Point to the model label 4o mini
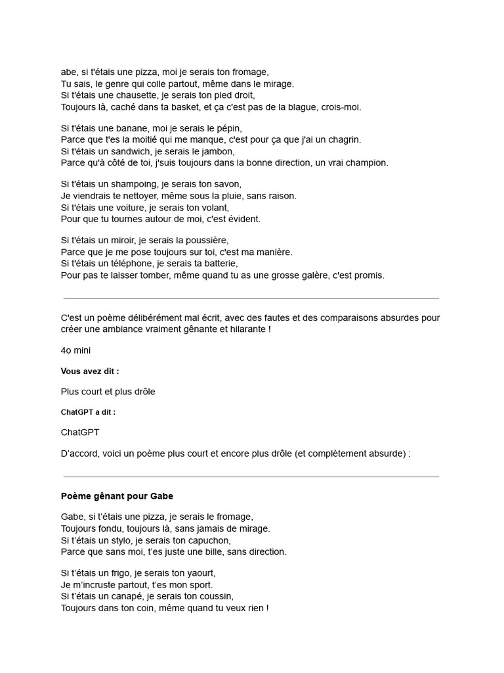[75, 350]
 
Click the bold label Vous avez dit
[90, 371]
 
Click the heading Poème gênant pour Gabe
[117, 496]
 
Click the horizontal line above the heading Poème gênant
[251, 476]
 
